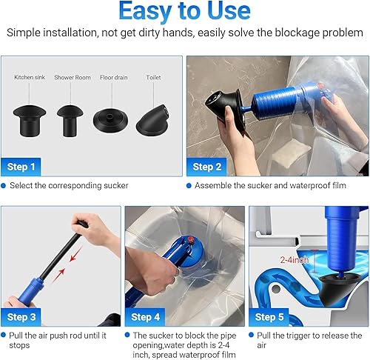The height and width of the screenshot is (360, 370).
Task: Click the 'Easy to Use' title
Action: (x=184, y=11)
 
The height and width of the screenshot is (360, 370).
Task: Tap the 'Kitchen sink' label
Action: (x=30, y=77)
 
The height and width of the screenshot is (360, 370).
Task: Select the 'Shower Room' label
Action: (x=73, y=78)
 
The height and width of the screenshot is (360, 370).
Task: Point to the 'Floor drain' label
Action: (x=114, y=78)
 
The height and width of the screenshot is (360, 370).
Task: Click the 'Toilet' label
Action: (x=153, y=78)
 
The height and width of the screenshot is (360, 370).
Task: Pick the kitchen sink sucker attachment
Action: (x=30, y=121)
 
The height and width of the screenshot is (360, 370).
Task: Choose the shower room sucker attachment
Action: (x=70, y=121)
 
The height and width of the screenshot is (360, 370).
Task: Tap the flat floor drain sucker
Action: (x=111, y=121)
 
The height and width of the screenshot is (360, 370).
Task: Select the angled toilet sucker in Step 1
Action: (x=153, y=120)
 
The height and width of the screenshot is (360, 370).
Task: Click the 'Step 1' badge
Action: (x=21, y=167)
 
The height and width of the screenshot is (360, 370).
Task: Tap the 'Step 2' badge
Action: (x=206, y=167)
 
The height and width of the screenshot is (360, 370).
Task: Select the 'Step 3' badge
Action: (x=21, y=317)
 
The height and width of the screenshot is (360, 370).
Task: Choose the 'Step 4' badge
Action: (x=145, y=317)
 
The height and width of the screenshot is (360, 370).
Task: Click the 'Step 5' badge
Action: (x=269, y=317)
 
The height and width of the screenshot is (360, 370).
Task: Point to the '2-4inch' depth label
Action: (x=295, y=260)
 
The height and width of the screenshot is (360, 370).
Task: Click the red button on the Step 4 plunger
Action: (x=189, y=239)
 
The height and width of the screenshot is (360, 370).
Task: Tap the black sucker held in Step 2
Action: (x=224, y=107)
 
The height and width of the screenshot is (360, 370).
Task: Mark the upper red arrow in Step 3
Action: (x=75, y=254)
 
